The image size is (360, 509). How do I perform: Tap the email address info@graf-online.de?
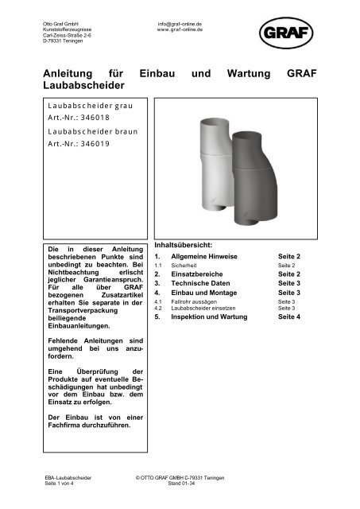[x=179, y=25]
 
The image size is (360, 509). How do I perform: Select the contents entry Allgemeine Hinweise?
[x=207, y=258]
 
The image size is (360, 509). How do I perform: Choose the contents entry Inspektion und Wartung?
[x=212, y=317]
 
